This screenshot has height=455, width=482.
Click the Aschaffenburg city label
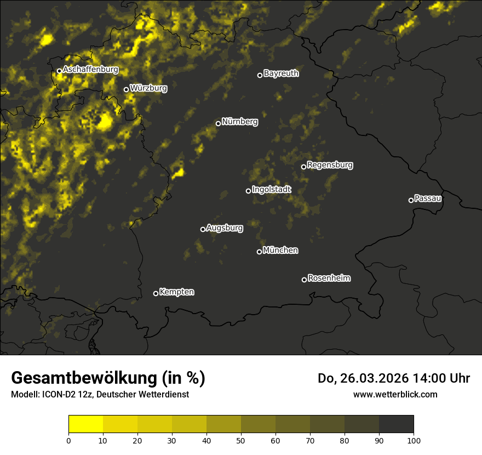pos(90,70)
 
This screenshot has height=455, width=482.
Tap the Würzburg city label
pos(148,88)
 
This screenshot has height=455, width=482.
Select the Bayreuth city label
pos(281,73)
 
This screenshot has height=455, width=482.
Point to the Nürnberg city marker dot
pos(218,123)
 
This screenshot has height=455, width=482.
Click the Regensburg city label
pos(330,165)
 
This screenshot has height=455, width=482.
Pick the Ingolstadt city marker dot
pos(248,191)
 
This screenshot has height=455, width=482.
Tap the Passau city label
pos(428,198)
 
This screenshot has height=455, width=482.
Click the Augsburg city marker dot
pos(203,229)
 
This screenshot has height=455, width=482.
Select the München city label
pos(280,251)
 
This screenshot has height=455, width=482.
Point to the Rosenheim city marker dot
pos(304,280)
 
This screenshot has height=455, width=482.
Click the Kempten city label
pos(176,292)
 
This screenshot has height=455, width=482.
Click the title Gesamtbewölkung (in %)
pos(108,378)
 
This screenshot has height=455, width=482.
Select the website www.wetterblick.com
pos(395,394)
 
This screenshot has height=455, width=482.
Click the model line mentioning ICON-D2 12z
pos(100,395)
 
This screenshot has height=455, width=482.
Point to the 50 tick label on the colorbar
pos(241,440)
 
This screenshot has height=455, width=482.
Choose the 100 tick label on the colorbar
pos(414,440)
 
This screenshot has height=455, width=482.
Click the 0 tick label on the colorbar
pos(68,440)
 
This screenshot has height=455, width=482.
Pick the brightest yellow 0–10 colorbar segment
pos(85,424)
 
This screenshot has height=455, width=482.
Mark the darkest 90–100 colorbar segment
pos(396,424)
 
